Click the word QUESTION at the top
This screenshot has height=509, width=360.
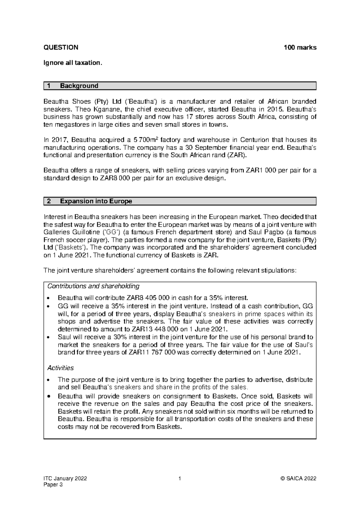[61, 47]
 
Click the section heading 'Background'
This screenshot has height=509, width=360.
[79, 86]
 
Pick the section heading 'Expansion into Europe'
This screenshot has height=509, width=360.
[96, 201]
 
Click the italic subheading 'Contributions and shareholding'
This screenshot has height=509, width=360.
[93, 286]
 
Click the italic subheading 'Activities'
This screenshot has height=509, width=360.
[61, 368]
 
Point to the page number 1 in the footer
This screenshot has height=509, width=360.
[180, 479]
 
